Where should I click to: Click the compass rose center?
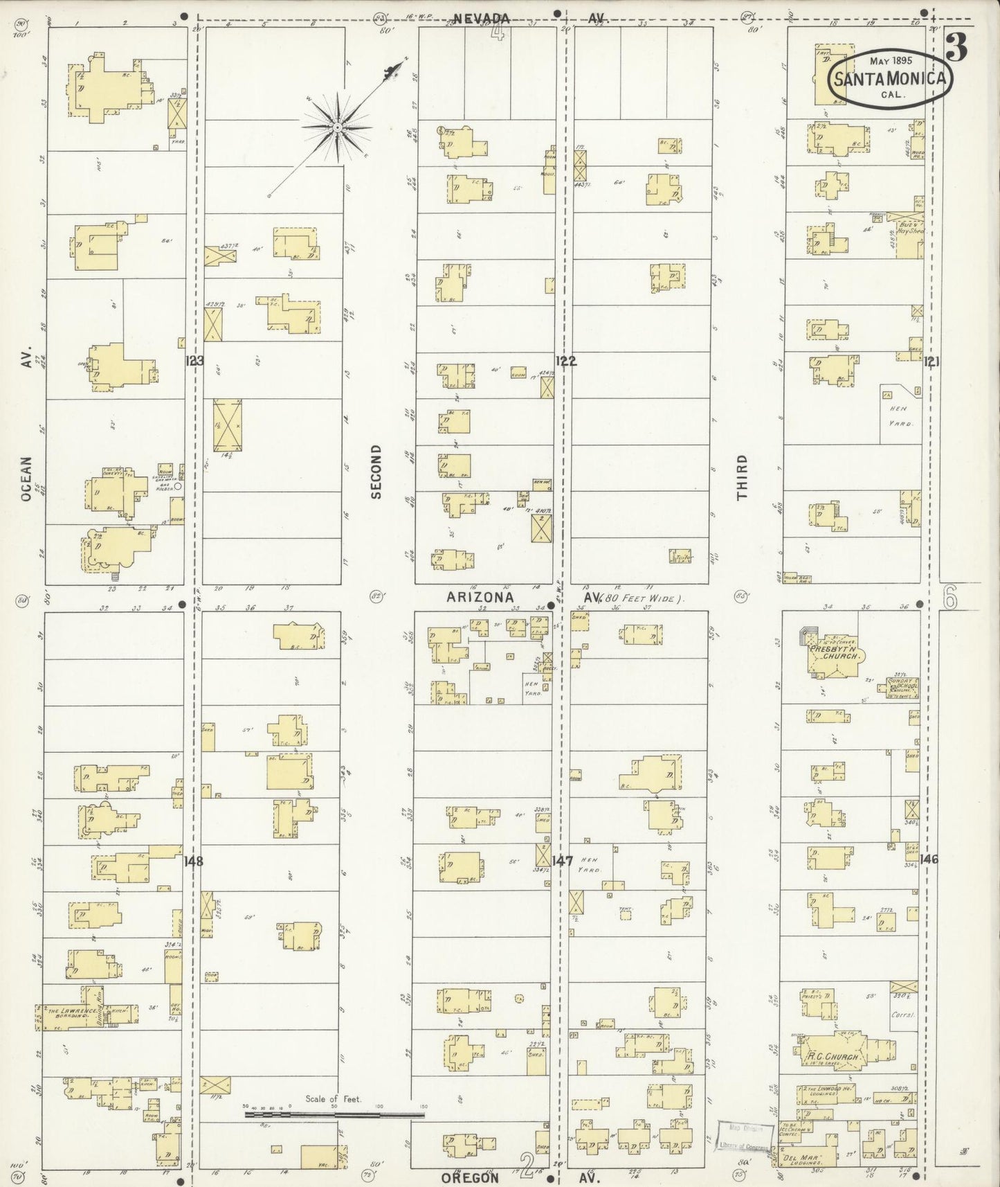(x=337, y=127)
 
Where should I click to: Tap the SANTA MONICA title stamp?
(x=890, y=78)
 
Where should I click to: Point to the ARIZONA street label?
(x=480, y=597)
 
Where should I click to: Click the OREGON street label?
(x=470, y=1177)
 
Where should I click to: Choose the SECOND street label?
(x=376, y=472)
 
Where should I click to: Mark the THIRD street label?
(x=742, y=477)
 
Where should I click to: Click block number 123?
(x=195, y=361)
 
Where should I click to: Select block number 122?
(x=566, y=361)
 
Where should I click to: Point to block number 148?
(x=194, y=862)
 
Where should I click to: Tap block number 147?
(x=563, y=862)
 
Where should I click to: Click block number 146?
(x=929, y=859)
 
